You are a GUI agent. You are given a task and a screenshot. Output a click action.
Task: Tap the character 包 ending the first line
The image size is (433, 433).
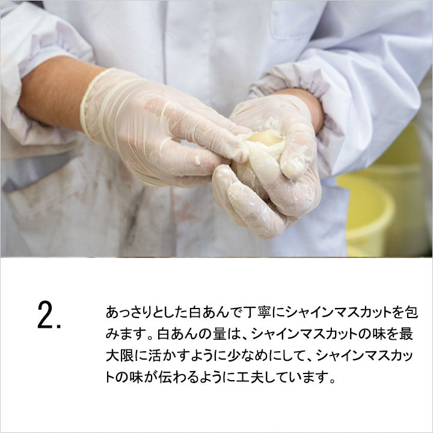point(411,312)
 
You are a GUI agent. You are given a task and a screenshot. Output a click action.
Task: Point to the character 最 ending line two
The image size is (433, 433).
point(406,334)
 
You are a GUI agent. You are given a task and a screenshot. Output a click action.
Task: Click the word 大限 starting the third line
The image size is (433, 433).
point(119,355)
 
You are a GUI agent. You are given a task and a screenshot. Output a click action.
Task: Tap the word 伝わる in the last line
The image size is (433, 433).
point(179,377)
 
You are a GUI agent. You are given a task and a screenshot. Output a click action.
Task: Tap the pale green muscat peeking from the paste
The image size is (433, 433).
point(267,138)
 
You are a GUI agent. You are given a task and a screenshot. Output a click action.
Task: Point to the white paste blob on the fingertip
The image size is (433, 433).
point(197,160)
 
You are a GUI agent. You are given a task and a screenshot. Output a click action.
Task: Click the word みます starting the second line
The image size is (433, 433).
point(125,334)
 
